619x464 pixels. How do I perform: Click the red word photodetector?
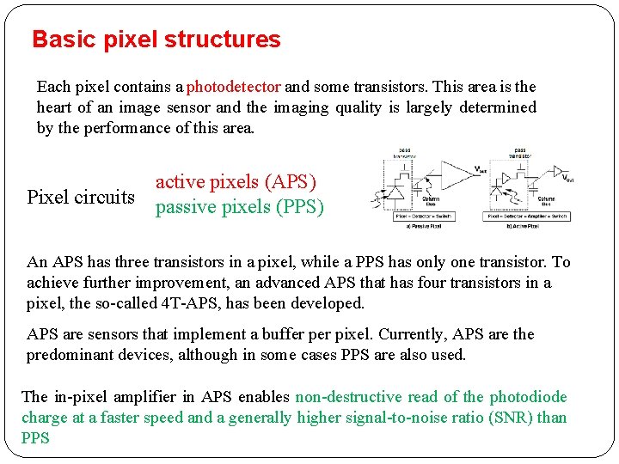pyautogui.click(x=234, y=87)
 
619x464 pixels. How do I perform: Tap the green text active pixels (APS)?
pyautogui.click(x=236, y=181)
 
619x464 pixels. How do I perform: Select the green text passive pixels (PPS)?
pyautogui.click(x=239, y=207)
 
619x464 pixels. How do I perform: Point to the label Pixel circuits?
pyautogui.click(x=81, y=197)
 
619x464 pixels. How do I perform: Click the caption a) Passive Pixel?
pyautogui.click(x=417, y=226)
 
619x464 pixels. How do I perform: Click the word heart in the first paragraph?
pyautogui.click(x=56, y=107)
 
